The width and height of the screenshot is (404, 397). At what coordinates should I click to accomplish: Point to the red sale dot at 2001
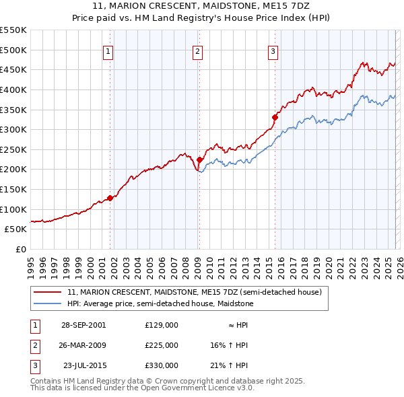click(110, 197)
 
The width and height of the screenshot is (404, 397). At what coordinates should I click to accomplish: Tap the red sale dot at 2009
click(199, 159)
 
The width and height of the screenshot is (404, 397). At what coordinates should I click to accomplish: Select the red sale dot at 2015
click(275, 117)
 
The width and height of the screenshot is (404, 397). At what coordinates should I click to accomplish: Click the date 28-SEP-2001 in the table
click(83, 325)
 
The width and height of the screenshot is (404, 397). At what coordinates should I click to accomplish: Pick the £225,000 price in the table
click(161, 345)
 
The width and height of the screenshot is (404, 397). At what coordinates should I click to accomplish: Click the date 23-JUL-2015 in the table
click(83, 365)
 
